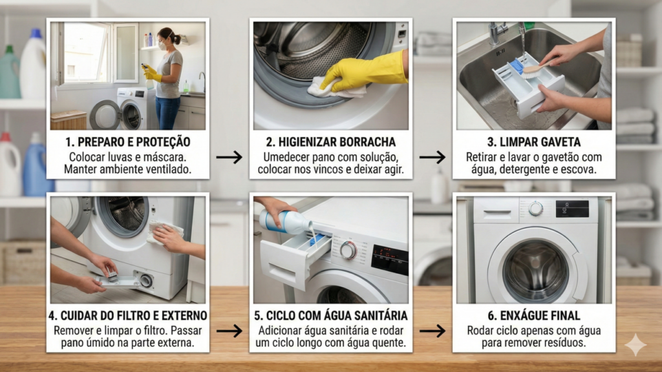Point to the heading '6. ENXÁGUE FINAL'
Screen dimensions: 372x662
pyautogui.click(x=534, y=316)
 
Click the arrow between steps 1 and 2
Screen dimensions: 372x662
pyautogui.click(x=229, y=157)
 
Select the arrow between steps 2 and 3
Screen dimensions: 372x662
pyautogui.click(x=432, y=157)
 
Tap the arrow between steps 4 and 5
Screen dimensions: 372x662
pyautogui.click(x=229, y=331)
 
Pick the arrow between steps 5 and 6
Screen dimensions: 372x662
pyautogui.click(x=432, y=331)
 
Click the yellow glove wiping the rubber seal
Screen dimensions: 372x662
pyautogui.click(x=365, y=70)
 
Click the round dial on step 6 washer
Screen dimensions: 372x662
pyautogui.click(x=535, y=208)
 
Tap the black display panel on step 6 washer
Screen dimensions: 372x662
pyautogui.click(x=572, y=208)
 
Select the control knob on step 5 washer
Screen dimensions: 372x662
pyautogui.click(x=348, y=250)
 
